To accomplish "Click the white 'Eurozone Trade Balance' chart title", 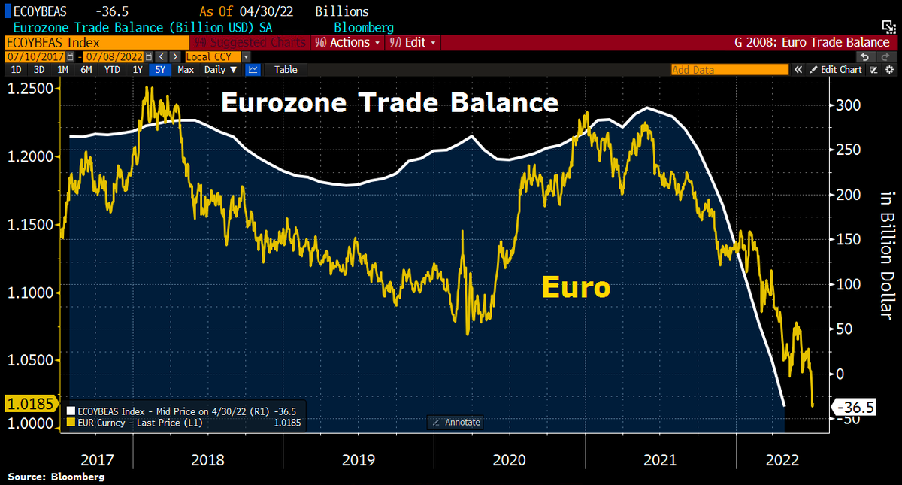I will [389, 103].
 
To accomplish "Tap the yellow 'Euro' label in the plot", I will [576, 287].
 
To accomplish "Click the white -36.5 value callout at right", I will [857, 408].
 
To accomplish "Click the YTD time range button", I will [113, 70].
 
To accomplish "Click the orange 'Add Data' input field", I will [728, 70].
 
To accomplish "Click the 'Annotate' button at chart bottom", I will [456, 423].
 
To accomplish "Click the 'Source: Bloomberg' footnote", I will [56, 477].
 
